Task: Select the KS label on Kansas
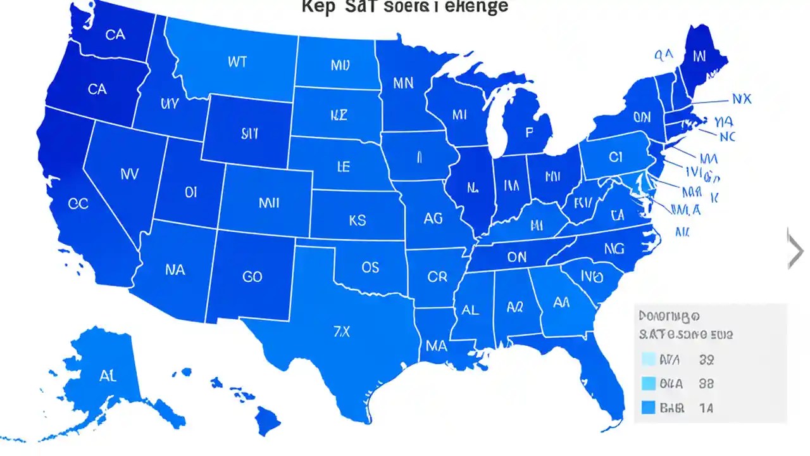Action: coord(357,220)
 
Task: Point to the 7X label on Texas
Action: coord(341,332)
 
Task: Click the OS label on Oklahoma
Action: coord(370,267)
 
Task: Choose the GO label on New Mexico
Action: coord(252,277)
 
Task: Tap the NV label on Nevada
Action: coord(128,174)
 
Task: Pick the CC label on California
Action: coord(78,204)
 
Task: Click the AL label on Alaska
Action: coord(108,376)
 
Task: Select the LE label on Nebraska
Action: coord(343,167)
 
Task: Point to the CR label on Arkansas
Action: coord(437,277)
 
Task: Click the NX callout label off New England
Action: coord(741,99)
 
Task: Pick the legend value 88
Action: coord(706,384)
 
